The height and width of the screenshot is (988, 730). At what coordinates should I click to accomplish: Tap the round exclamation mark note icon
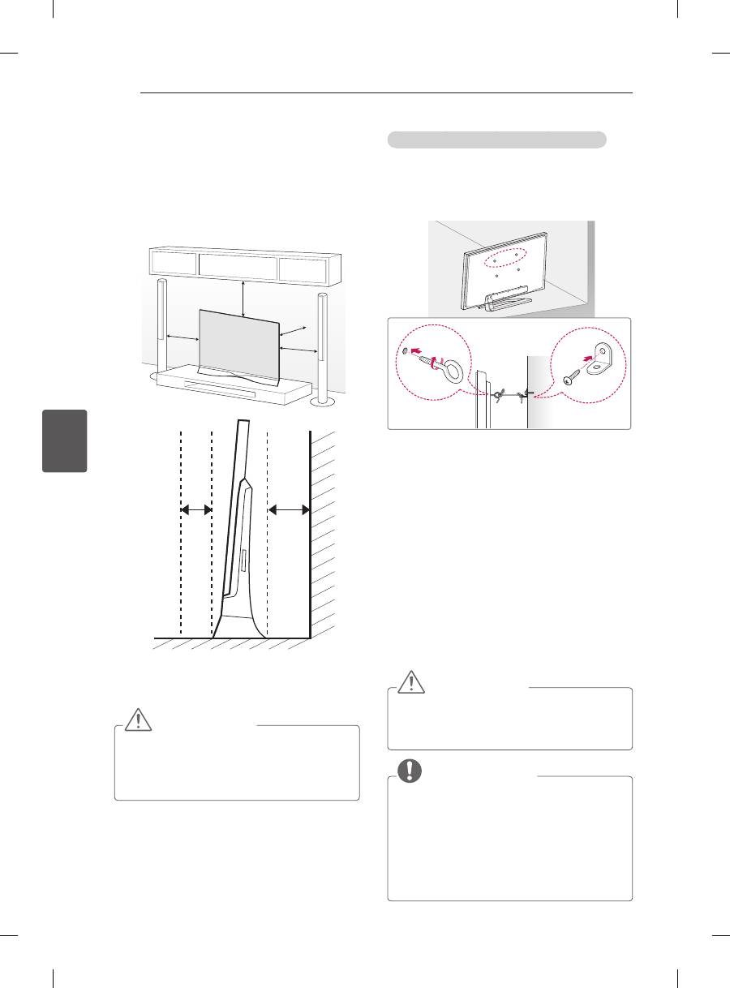410,770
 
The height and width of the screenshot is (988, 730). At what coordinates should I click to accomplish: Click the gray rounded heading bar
496,140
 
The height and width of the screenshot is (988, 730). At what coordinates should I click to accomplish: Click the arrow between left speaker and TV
182,336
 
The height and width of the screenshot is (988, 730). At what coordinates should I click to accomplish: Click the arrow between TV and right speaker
298,348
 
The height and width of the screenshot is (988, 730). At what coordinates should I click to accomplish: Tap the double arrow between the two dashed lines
195,509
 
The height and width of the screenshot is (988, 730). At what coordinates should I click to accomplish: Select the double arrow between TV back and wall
290,509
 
